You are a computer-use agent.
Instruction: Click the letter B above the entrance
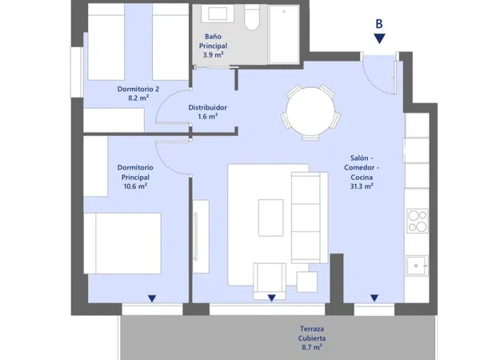pyautogui.click(x=379, y=23)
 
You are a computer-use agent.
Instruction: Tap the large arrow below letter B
pyautogui.click(x=379, y=38)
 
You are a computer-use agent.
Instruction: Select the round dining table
pyautogui.click(x=310, y=111)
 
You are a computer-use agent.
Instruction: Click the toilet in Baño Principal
pyautogui.click(x=252, y=18)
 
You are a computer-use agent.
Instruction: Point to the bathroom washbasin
pyautogui.click(x=218, y=14)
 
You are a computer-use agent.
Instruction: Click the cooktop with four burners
pyautogui.click(x=418, y=221)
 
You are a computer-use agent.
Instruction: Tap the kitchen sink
pyautogui.click(x=417, y=266)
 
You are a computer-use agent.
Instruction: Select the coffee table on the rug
pyautogui.click(x=270, y=218)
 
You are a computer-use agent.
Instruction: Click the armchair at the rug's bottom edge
pyautogui.click(x=270, y=281)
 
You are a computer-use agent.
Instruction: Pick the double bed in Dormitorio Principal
pyautogui.click(x=122, y=243)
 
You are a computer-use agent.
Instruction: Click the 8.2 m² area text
pyautogui.click(x=138, y=98)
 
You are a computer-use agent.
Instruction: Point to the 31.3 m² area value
pyautogui.click(x=362, y=186)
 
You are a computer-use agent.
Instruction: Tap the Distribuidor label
pyautogui.click(x=207, y=107)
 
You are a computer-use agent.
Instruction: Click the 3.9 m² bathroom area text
pyautogui.click(x=213, y=55)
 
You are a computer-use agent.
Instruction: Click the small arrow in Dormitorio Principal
pyautogui.click(x=152, y=298)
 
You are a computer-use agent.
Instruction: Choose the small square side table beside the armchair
pyautogui.click(x=306, y=282)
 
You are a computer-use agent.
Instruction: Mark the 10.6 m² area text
pyautogui.click(x=135, y=186)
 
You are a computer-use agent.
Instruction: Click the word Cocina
pyautogui.click(x=362, y=178)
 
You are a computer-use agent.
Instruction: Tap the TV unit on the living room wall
pyautogui.click(x=201, y=236)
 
